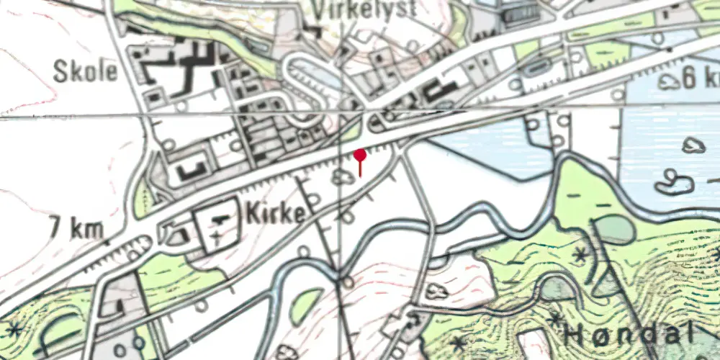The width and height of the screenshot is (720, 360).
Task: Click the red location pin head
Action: click(360, 155)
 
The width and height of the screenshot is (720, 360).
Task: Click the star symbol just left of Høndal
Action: click(555, 318)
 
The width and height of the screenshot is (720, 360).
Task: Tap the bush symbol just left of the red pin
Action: click(341, 177)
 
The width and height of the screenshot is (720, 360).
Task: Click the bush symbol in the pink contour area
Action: click(437, 291)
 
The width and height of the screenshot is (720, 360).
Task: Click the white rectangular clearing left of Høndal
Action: click(534, 344)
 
